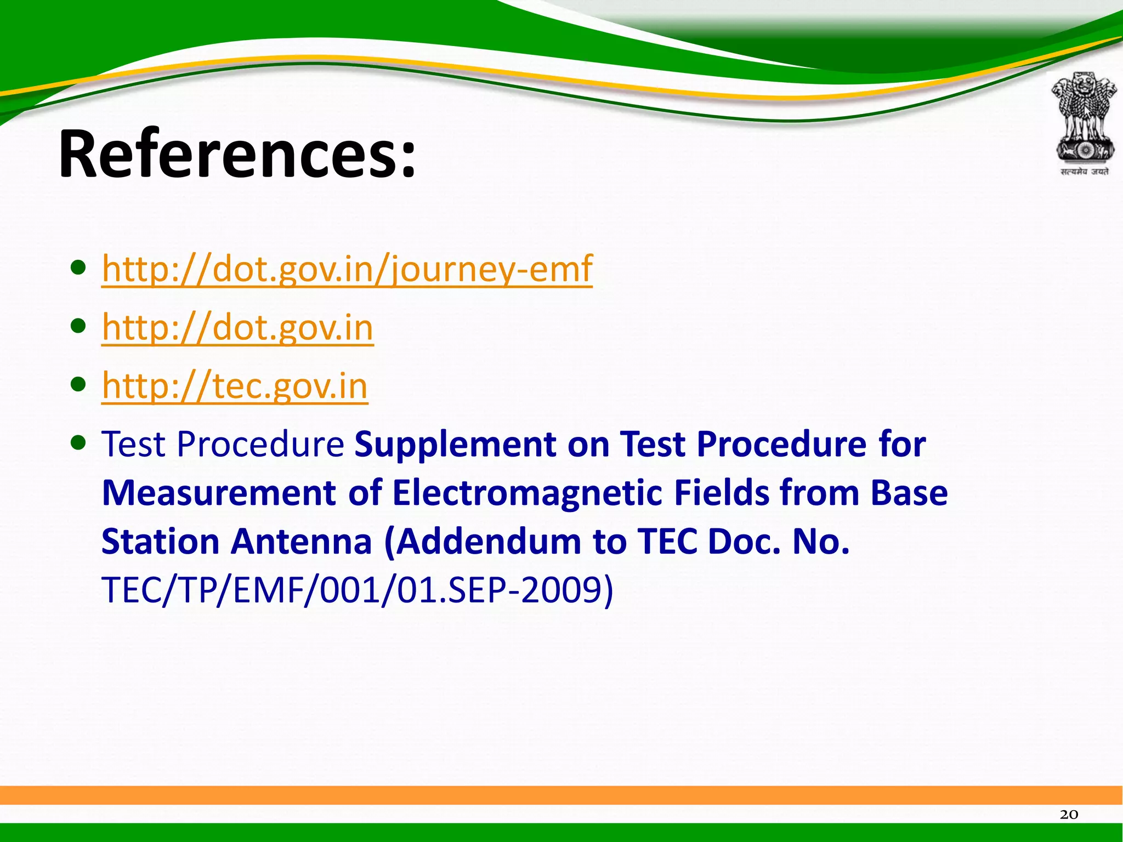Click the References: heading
point(237,155)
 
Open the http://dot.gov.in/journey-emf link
point(347,269)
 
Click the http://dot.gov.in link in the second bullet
point(237,327)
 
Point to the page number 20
point(1069,815)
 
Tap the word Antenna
point(301,542)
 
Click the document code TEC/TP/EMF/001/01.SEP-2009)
point(358,590)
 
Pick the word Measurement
point(219,493)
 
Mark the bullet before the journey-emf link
point(78,268)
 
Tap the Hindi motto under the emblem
point(1084,172)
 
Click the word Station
point(161,542)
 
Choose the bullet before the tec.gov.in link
point(78,384)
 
